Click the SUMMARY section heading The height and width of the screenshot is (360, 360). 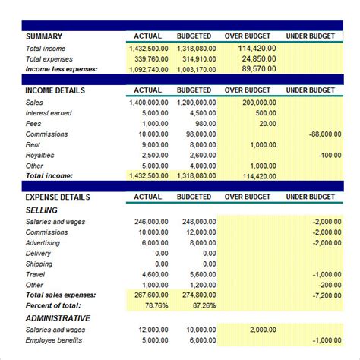tap(44, 36)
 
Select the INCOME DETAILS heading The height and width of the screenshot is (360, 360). tap(55, 90)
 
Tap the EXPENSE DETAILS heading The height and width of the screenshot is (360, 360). tap(58, 197)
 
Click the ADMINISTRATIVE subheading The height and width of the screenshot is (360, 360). tap(58, 317)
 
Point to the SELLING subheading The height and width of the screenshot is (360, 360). tap(41, 210)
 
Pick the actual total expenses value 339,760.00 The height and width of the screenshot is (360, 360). tap(148, 58)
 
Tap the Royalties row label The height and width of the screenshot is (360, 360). tap(42, 155)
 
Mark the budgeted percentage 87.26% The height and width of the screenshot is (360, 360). tap(201, 305)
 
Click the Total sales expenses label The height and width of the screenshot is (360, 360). tap(61, 295)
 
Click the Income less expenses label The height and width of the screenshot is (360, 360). tap(62, 68)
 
